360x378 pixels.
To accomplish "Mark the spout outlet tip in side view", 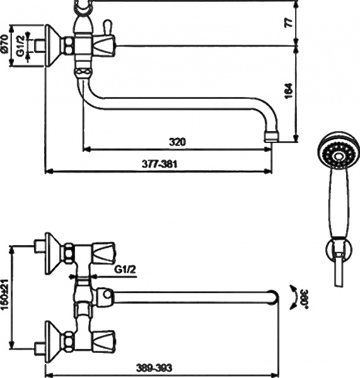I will [x=271, y=135].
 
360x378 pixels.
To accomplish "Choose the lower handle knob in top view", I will [x=103, y=339].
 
